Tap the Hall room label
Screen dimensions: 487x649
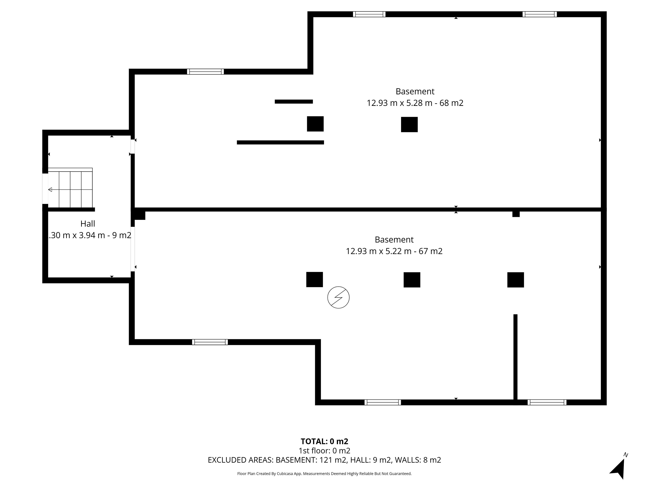[88, 224]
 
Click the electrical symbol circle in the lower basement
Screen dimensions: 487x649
[338, 297]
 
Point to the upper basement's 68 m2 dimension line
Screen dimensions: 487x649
[415, 103]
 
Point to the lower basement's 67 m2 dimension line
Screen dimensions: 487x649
[394, 251]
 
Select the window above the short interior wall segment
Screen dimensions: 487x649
[205, 72]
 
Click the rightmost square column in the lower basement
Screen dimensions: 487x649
[515, 280]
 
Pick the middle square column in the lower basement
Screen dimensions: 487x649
[412, 280]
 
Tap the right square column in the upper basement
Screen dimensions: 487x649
[409, 124]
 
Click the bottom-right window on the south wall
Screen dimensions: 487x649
[547, 402]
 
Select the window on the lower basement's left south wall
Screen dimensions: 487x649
[210, 342]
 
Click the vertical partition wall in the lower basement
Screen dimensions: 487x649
[515, 357]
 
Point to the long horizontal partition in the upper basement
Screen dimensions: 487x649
[280, 142]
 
